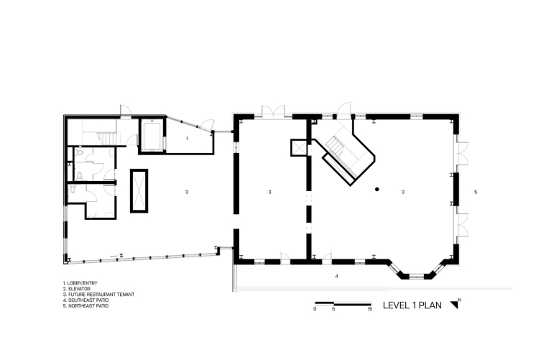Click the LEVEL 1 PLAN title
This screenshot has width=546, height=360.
[x=412, y=305]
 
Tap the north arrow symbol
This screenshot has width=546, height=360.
[x=455, y=304]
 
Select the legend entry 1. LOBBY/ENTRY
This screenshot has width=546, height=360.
[x=80, y=283]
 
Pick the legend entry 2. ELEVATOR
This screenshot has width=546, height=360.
[x=77, y=289]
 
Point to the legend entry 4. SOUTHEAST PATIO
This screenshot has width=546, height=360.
[x=85, y=300]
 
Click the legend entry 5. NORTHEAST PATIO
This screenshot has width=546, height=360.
[x=85, y=305]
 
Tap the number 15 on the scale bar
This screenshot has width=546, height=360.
[x=370, y=309]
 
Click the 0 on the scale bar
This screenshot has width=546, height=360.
[x=315, y=309]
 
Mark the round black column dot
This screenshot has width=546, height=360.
[x=376, y=190]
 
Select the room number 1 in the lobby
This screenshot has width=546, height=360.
[x=187, y=139]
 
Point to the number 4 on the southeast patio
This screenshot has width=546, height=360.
[x=336, y=276]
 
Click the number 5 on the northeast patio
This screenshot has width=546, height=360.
[x=476, y=192]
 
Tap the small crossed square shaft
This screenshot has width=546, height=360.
[x=299, y=147]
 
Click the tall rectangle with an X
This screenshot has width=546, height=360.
[x=139, y=191]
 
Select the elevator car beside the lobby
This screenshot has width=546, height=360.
[x=152, y=135]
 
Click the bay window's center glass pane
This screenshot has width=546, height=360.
[x=417, y=277]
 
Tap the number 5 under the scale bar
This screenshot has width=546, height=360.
[x=333, y=309]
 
